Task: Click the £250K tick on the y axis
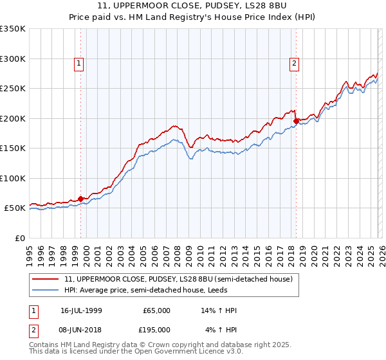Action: [x=13, y=89]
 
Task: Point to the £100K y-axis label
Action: [x=13, y=178]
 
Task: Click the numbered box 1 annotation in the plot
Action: [x=78, y=63]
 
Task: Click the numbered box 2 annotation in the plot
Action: [x=293, y=63]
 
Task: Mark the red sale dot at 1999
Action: [x=80, y=199]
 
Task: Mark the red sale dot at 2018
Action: [x=296, y=121]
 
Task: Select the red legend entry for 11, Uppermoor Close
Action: [x=179, y=279]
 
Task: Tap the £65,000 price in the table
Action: [x=156, y=310]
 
